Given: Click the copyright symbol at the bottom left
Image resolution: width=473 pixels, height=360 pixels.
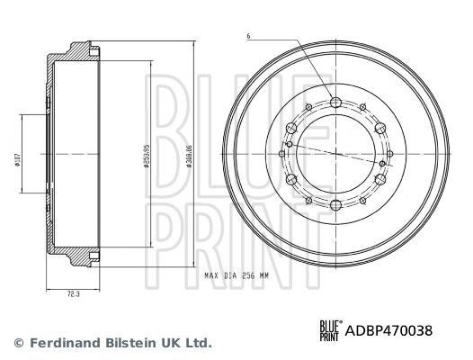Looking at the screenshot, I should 19,344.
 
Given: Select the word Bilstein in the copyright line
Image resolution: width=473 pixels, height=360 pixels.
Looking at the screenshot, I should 125,344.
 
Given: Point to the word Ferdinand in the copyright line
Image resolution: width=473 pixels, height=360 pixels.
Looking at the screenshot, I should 60,344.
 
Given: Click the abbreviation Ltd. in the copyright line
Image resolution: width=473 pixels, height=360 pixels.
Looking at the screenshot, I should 199,344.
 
